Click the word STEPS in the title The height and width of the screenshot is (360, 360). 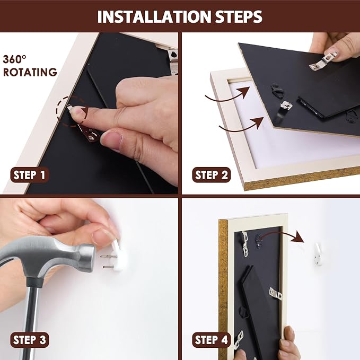[239, 17]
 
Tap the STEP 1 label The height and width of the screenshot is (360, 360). [29, 175]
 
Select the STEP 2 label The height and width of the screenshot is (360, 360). [211, 175]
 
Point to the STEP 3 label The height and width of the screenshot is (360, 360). [30, 340]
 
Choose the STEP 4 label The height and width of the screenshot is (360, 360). [211, 340]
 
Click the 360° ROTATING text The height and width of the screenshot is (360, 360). [30, 66]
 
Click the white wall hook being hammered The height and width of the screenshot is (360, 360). [119, 256]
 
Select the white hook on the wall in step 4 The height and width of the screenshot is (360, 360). [318, 254]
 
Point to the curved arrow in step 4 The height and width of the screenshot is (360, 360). [283, 234]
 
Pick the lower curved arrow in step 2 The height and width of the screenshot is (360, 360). [241, 127]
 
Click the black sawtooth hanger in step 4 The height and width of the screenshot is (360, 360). [259, 241]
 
